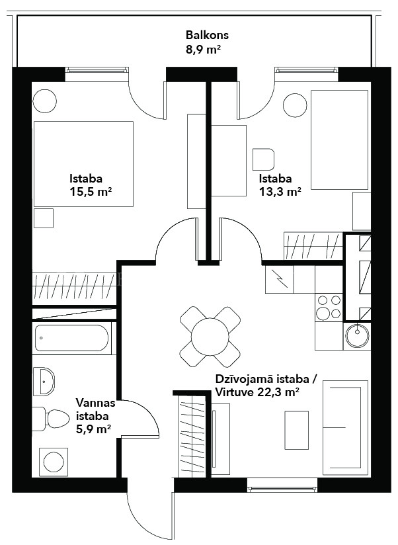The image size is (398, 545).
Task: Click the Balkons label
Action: [207, 35]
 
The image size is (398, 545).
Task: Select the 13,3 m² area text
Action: [280, 192]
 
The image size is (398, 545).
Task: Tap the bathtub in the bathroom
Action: [72, 338]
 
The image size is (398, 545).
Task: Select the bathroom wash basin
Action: [44, 381]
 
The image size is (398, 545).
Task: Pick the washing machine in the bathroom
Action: [53, 462]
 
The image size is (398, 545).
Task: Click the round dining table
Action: [210, 337]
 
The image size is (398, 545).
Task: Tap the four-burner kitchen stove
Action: [329, 307]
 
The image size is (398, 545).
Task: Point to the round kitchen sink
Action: [357, 336]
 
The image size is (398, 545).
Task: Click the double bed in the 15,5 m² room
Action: [83, 164]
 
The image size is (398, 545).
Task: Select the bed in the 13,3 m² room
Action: [339, 140]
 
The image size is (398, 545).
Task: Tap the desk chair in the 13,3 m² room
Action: [263, 159]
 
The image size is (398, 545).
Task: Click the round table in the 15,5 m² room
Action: [44, 101]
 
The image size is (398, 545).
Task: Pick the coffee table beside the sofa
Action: [297, 431]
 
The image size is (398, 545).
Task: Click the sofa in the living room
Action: [345, 427]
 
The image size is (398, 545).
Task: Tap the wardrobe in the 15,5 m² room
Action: [74, 286]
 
